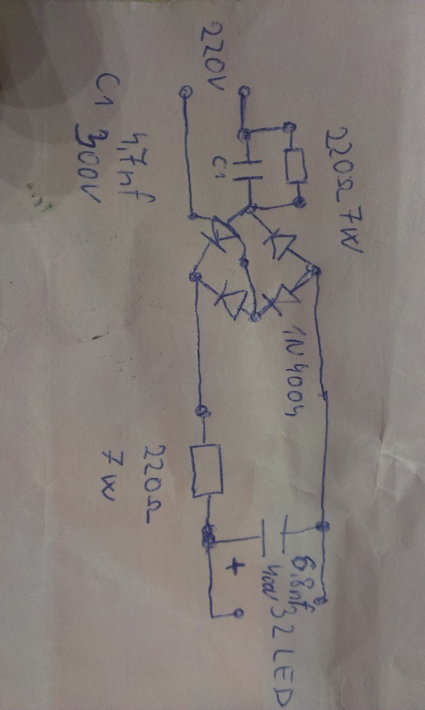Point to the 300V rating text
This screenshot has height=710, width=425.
tap(91, 166)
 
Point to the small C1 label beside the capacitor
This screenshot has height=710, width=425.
tap(217, 166)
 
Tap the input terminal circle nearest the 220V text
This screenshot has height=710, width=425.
tap(185, 92)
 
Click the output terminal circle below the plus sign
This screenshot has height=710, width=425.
tap(238, 614)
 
